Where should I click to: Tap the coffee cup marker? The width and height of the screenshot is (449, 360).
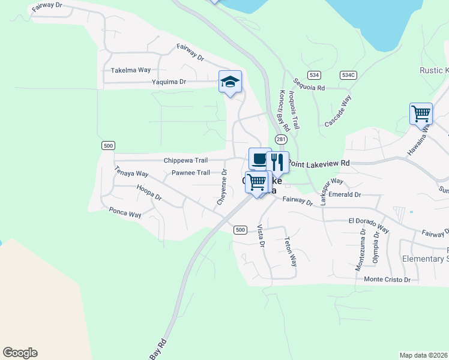tap(259, 159)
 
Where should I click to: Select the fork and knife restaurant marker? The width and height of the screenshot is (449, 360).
tap(277, 162)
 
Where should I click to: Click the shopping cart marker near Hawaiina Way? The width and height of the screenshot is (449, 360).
tap(421, 113)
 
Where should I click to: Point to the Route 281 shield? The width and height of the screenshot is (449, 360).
tap(281, 139)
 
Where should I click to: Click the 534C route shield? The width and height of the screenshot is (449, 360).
tap(348, 75)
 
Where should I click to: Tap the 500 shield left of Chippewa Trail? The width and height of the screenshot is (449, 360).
tap(108, 146)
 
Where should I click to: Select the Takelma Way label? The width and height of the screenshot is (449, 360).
tap(131, 70)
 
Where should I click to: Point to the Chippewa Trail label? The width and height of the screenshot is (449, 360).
tap(185, 161)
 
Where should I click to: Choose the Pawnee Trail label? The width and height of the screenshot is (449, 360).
tap(191, 173)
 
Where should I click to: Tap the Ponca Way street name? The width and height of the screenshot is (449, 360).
tap(125, 214)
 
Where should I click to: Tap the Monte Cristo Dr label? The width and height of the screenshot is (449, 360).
tap(387, 280)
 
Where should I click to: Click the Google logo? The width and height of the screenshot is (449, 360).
tap(20, 353)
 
